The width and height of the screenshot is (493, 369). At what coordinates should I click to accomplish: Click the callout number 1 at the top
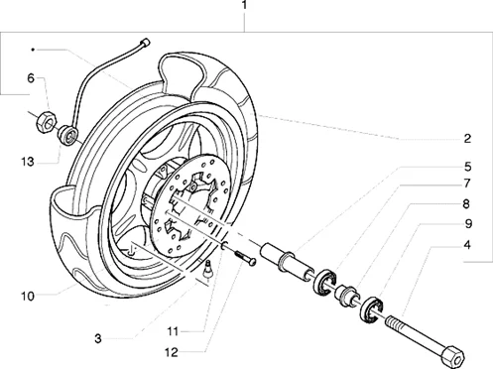244,6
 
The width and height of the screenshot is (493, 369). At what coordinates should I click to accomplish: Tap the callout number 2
467,139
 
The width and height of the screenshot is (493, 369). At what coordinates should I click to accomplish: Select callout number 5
467,167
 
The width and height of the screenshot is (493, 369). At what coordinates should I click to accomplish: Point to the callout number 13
28,162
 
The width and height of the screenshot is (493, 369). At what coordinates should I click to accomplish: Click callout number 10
28,296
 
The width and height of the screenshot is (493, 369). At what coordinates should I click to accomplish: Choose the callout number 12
172,353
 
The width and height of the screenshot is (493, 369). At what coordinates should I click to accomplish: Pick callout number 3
98,338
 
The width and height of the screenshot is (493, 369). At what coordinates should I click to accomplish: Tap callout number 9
468,224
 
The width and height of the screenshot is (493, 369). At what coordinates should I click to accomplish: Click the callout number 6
31,78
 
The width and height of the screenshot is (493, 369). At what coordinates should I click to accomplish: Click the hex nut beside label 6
47,122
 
